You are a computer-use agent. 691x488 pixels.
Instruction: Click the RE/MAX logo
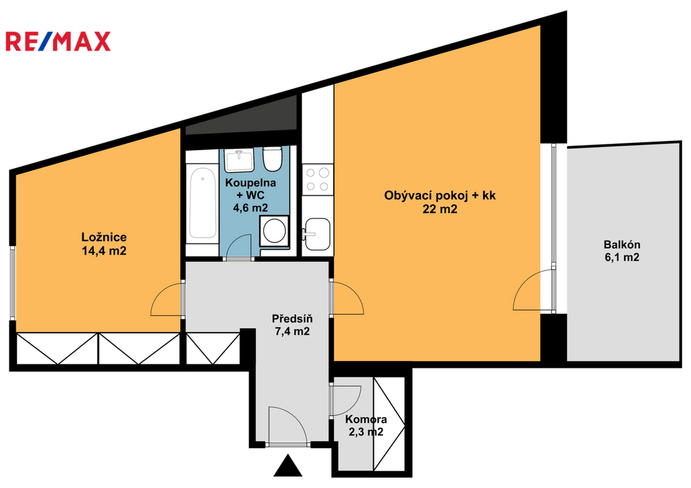pyautogui.click(x=58, y=41)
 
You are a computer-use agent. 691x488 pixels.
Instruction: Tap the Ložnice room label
pyautogui.click(x=104, y=237)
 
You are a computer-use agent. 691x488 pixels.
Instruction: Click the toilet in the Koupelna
pyautogui.click(x=273, y=159)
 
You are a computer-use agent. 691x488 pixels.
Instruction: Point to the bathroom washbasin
pyautogui.click(x=239, y=160)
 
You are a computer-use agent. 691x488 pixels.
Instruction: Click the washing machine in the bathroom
pyautogui.click(x=274, y=231)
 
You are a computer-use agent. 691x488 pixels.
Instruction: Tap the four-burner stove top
pyautogui.click(x=317, y=180)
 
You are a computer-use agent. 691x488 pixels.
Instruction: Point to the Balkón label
pyautogui.click(x=621, y=244)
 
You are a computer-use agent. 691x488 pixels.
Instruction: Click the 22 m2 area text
pyautogui.click(x=440, y=209)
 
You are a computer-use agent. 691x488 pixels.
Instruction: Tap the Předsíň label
pyautogui.click(x=292, y=319)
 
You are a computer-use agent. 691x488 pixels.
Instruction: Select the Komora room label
pyautogui.click(x=366, y=419)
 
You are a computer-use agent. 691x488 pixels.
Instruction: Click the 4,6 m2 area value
pyautogui.click(x=250, y=207)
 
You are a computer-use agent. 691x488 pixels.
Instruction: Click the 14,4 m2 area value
pyautogui.click(x=104, y=251)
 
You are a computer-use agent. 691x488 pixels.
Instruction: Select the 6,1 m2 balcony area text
pyautogui.click(x=621, y=257)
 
